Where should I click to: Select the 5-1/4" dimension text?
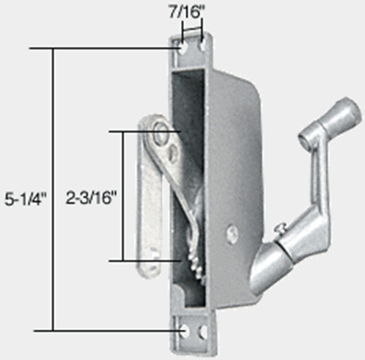[x=23, y=199]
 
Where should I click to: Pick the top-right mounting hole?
[x=199, y=46]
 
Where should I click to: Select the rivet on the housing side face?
[x=232, y=233]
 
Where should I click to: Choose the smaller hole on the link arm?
[x=173, y=152]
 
